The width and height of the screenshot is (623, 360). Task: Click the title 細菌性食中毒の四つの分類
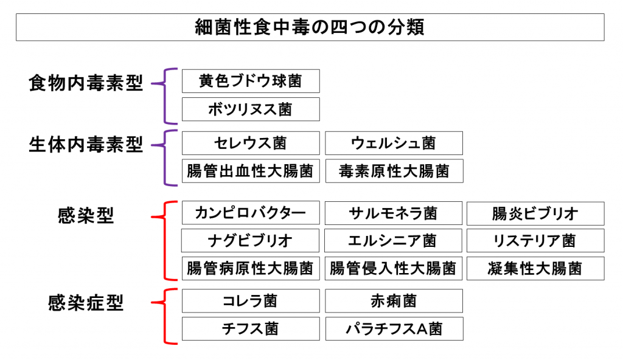pyautogui.click(x=310, y=27)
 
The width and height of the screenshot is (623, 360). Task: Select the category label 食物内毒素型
pyautogui.click(x=86, y=83)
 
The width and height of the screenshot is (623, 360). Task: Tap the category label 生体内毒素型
pyautogui.click(x=86, y=145)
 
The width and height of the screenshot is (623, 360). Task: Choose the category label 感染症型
pyautogui.click(x=86, y=303)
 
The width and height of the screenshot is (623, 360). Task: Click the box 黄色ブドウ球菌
pyautogui.click(x=251, y=81)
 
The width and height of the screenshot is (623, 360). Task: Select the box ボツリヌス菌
pyautogui.click(x=251, y=109)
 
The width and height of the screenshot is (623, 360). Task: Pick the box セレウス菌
pyautogui.click(x=251, y=144)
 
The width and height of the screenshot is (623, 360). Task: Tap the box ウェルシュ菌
pyautogui.click(x=394, y=144)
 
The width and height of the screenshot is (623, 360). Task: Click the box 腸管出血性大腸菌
pyautogui.click(x=251, y=171)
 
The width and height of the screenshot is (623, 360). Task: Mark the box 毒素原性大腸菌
pyautogui.click(x=394, y=171)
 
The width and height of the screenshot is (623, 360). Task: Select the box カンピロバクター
pyautogui.click(x=251, y=213)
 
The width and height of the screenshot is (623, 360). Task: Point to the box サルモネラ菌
pyautogui.click(x=394, y=213)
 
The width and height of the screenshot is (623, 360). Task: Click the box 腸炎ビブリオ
pyautogui.click(x=535, y=213)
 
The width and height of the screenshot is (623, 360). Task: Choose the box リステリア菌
pyautogui.click(x=535, y=241)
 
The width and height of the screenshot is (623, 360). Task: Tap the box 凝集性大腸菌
pyautogui.click(x=535, y=268)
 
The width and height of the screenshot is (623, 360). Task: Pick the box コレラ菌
pyautogui.click(x=251, y=301)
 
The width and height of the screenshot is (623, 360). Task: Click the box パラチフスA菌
pyautogui.click(x=394, y=329)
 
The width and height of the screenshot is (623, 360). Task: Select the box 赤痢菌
pyautogui.click(x=394, y=301)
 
